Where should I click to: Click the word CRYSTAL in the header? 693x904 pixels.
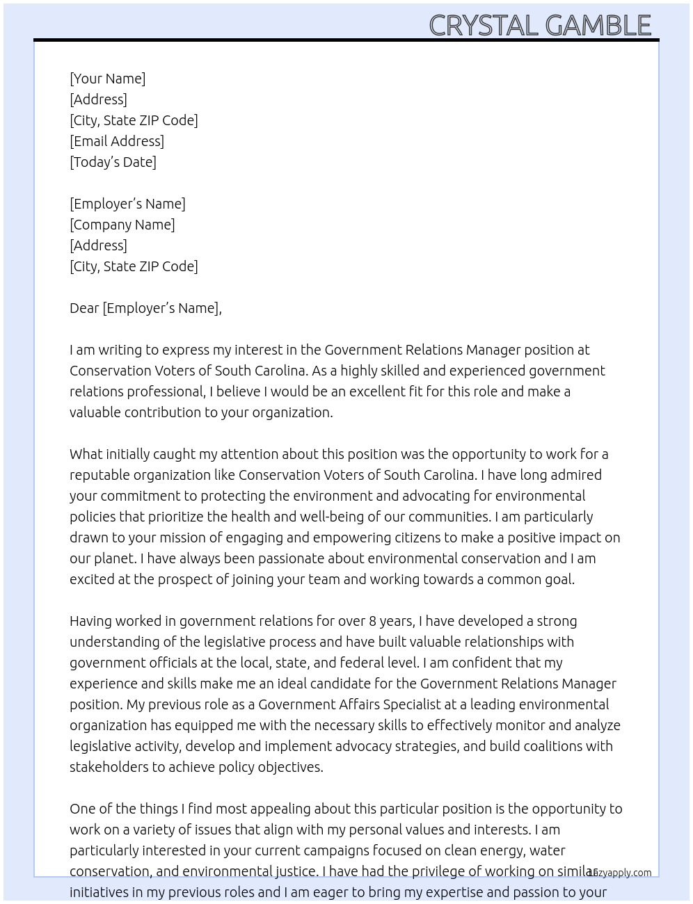[x=484, y=26]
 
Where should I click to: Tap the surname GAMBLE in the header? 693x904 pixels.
[x=598, y=26]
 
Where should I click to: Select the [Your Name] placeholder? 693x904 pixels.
[x=108, y=79]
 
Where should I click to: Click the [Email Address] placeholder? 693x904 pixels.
[x=117, y=141]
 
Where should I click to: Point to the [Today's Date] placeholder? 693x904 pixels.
[x=113, y=162]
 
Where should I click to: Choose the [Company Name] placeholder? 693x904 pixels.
[x=122, y=225]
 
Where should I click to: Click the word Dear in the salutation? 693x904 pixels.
[x=84, y=308]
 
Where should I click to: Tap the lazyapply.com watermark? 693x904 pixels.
[x=620, y=873]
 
